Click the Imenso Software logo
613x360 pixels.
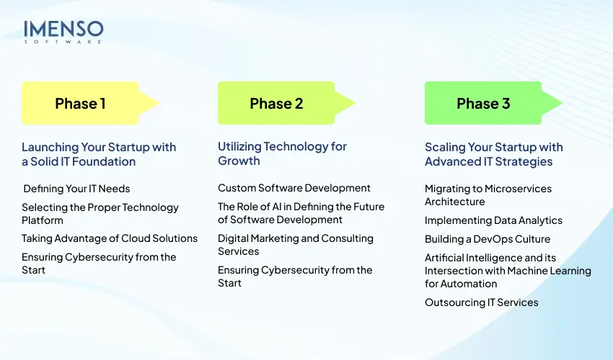63,32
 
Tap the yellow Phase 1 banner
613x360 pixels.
80,103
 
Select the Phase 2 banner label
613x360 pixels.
276,103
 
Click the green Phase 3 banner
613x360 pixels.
483,103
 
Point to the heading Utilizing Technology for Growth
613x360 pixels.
282,153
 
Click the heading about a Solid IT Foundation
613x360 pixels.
99,154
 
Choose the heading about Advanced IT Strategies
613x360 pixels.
494,154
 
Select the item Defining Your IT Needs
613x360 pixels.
76,189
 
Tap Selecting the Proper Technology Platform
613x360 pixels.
100,214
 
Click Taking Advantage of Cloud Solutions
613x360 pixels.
110,238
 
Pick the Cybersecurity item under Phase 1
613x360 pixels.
99,264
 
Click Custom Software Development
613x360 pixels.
294,188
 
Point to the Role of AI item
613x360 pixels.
301,213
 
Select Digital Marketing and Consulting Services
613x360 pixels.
296,245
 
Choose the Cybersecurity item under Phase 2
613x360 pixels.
295,276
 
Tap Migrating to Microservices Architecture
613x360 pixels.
488,195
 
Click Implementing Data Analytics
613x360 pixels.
493,220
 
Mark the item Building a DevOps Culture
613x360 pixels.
488,239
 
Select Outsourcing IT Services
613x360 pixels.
482,302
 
